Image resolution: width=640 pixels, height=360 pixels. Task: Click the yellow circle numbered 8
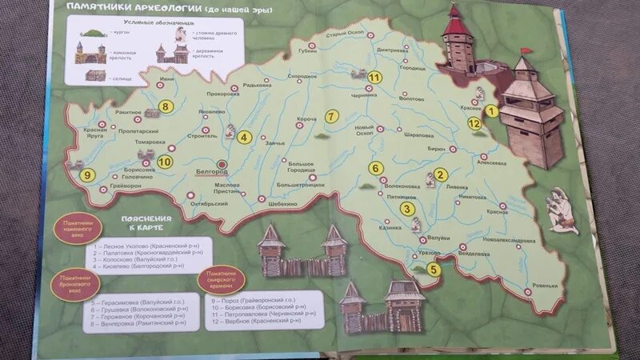(x=166, y=106)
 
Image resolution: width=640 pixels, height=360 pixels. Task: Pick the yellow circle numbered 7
(x=330, y=117)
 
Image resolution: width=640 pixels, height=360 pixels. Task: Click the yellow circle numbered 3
(x=407, y=210)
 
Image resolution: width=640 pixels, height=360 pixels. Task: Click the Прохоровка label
(x=223, y=94)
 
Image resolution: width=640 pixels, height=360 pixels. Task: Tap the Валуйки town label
(x=436, y=237)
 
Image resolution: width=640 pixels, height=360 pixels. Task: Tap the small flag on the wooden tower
(x=525, y=50)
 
